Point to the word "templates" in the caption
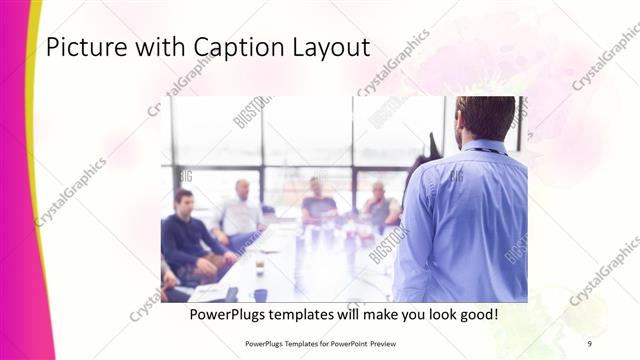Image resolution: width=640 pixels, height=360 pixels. click(312, 315)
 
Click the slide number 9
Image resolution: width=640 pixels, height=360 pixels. click(590, 342)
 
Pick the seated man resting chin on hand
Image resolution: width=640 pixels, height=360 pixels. click(379, 205)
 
